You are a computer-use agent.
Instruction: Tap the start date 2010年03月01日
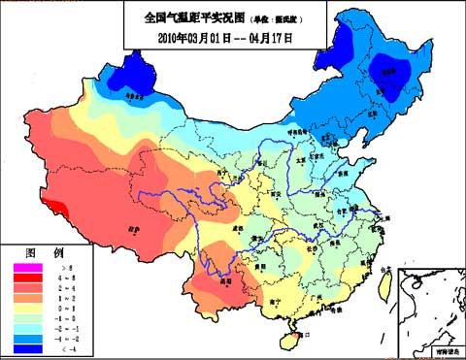tap(199, 38)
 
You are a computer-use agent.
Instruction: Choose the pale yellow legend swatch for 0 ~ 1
tap(27, 308)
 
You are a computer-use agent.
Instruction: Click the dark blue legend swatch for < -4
tap(27, 349)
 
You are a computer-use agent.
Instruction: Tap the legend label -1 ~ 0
tap(67, 318)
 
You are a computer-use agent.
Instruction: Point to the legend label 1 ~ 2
tap(67, 297)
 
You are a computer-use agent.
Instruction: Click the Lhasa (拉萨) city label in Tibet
tap(133, 230)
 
